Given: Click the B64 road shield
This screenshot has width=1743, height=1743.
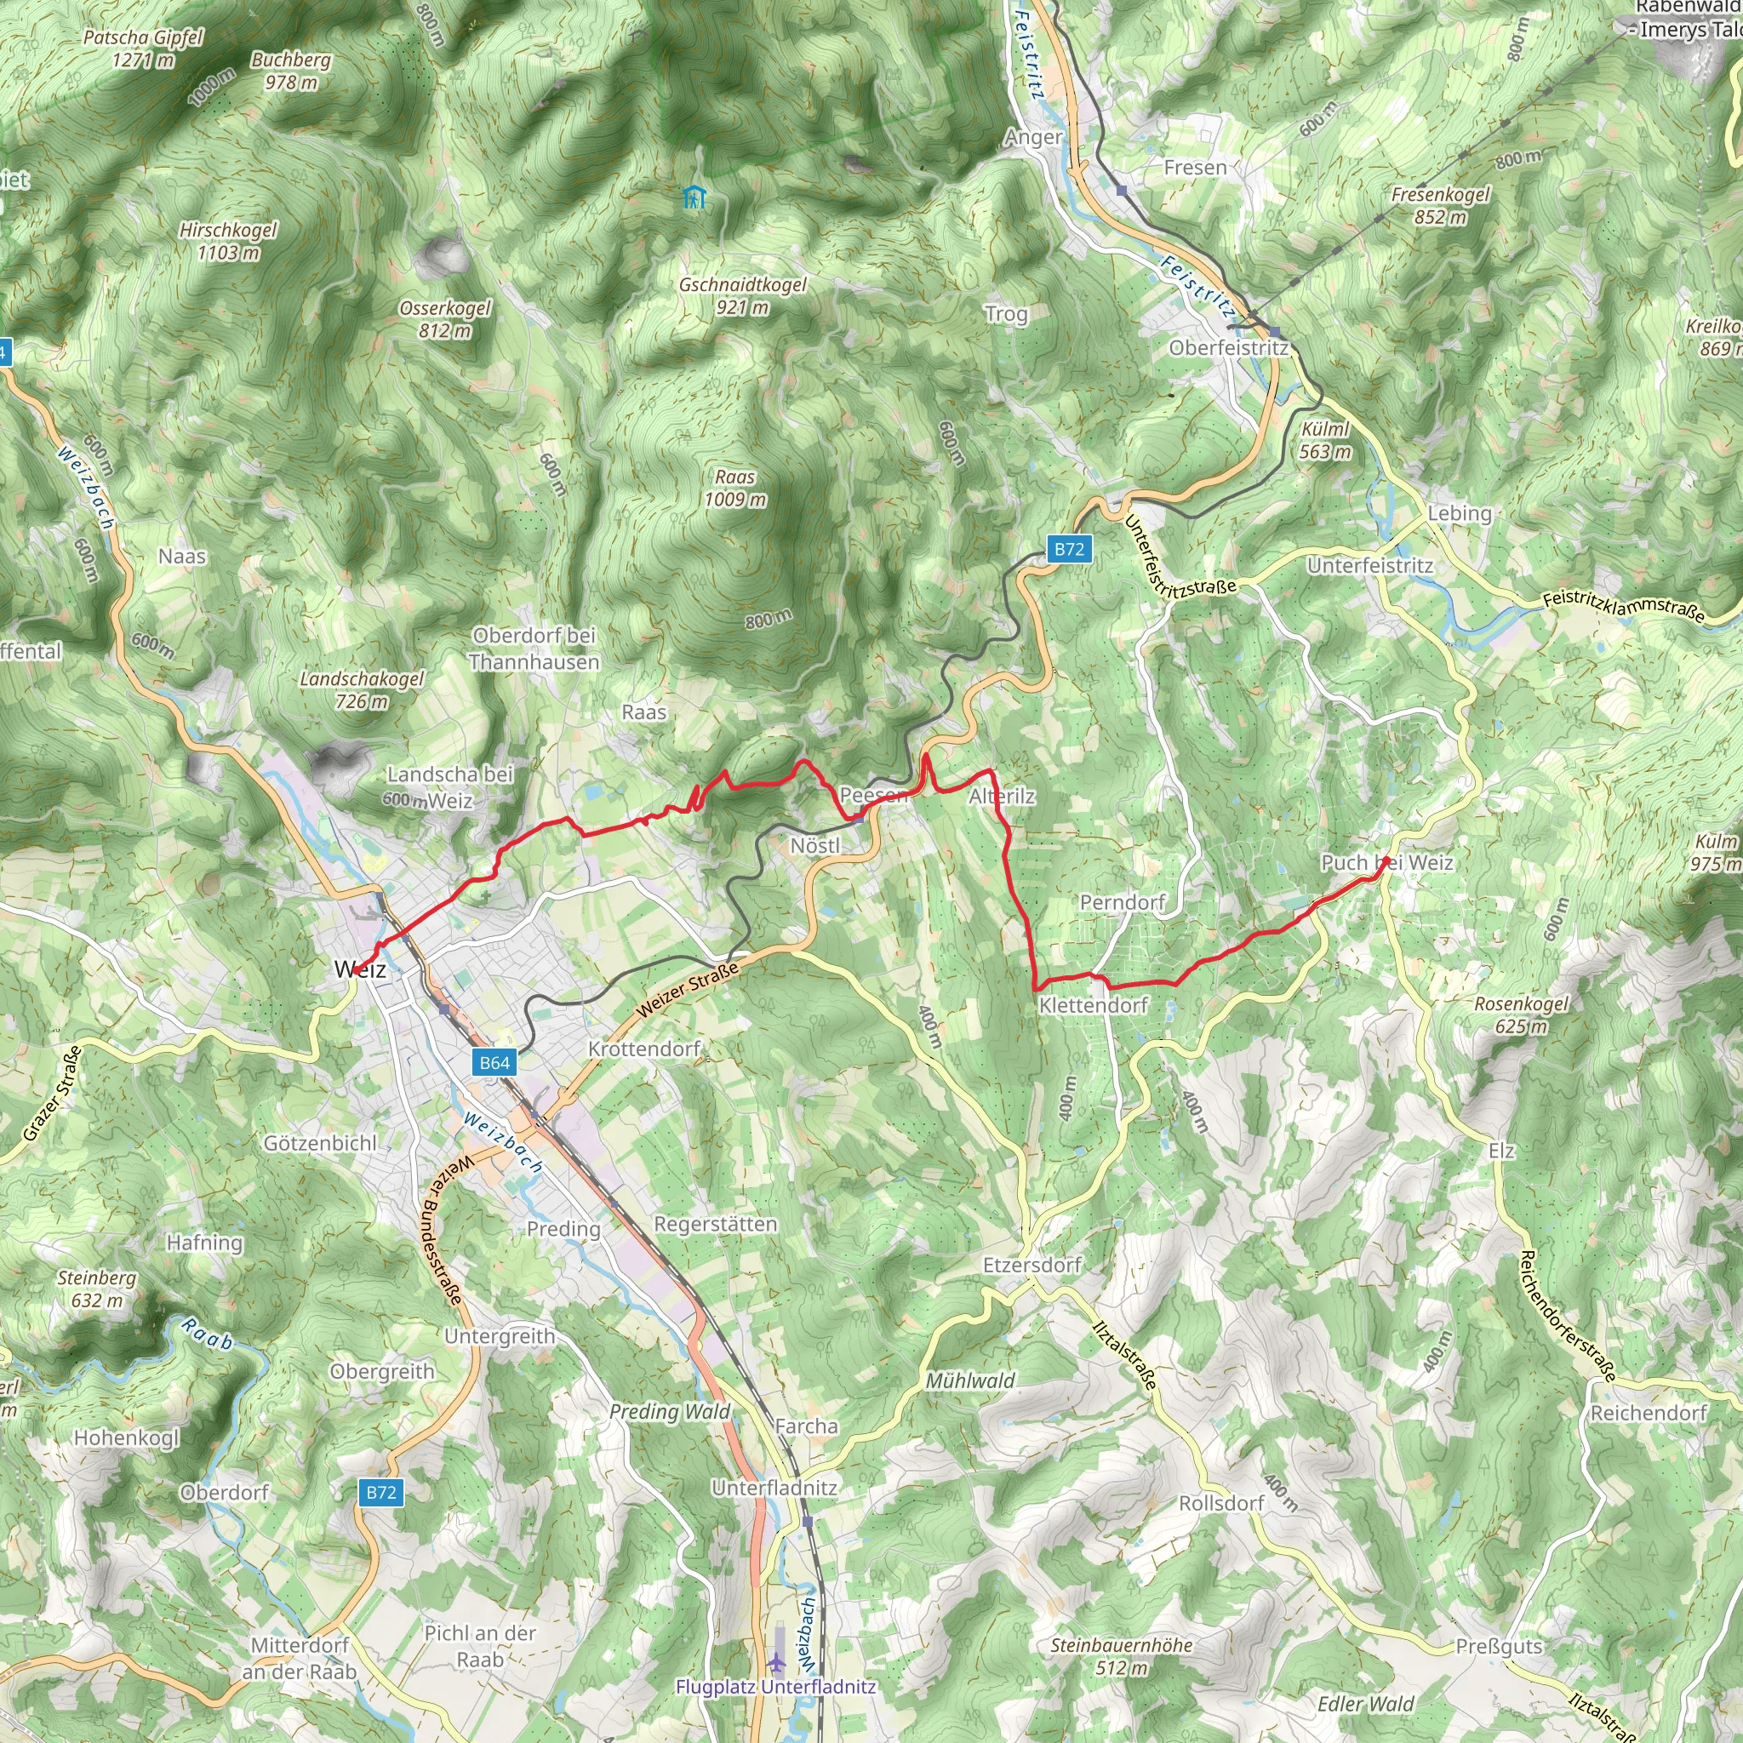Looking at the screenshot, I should click(x=494, y=1063).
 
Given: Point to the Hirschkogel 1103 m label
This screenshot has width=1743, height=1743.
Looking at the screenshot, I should click(x=228, y=241).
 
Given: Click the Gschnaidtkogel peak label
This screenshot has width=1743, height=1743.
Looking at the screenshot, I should click(x=742, y=296).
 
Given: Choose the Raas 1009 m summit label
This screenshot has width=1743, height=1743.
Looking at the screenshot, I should click(x=735, y=488).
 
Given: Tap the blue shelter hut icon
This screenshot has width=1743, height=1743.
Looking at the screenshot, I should click(x=693, y=197).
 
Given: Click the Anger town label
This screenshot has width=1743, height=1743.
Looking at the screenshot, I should click(x=1033, y=137).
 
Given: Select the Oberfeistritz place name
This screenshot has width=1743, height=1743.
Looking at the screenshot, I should click(x=1229, y=348).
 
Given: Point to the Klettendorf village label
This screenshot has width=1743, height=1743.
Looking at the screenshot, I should click(x=1094, y=1005).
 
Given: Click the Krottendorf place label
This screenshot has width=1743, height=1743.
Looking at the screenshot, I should click(x=644, y=1049).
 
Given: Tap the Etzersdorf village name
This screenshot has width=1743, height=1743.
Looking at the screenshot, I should click(x=1032, y=1265).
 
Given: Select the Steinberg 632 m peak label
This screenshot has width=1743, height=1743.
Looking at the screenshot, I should click(x=96, y=1289).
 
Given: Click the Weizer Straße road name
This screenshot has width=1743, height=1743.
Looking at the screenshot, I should click(x=688, y=990).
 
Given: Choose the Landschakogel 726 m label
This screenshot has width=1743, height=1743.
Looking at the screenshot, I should click(x=362, y=690).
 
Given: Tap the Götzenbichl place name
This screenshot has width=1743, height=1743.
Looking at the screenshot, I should click(x=320, y=1143).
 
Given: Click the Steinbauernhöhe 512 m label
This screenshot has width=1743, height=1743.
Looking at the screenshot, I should click(x=1122, y=1656).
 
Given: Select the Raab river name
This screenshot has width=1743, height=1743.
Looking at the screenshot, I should click(x=209, y=1334).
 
